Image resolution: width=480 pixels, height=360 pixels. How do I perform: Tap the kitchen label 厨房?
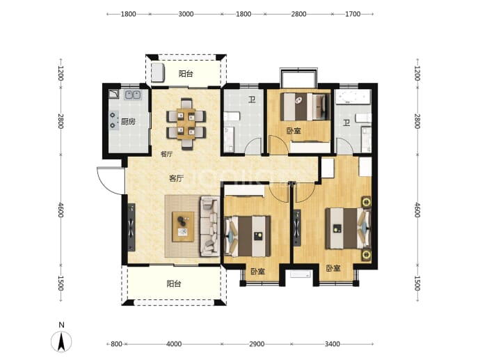(128, 122)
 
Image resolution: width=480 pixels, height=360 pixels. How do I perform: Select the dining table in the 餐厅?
(186, 124)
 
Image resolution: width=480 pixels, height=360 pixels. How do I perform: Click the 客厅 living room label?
(176, 178)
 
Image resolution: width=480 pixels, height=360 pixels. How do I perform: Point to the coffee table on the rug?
(183, 227)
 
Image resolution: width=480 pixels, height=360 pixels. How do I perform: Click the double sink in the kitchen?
(133, 95)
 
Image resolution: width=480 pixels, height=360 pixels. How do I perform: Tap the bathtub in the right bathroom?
(353, 97)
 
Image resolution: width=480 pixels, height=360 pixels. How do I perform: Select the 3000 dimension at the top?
(186, 14)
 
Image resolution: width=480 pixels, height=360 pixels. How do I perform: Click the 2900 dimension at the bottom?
(257, 344)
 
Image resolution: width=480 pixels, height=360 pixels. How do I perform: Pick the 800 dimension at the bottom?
(116, 344)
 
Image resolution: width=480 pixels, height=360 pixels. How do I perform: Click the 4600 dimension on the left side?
(61, 210)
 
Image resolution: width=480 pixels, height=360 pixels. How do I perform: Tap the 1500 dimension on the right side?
(417, 283)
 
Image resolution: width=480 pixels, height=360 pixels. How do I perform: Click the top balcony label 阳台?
(186, 74)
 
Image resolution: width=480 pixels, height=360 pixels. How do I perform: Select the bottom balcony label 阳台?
(174, 284)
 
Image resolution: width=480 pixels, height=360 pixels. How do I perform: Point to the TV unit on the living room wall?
(131, 227)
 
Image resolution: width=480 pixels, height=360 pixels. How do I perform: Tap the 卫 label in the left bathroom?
(252, 100)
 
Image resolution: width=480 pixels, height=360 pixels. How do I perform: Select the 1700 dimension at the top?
(353, 14)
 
